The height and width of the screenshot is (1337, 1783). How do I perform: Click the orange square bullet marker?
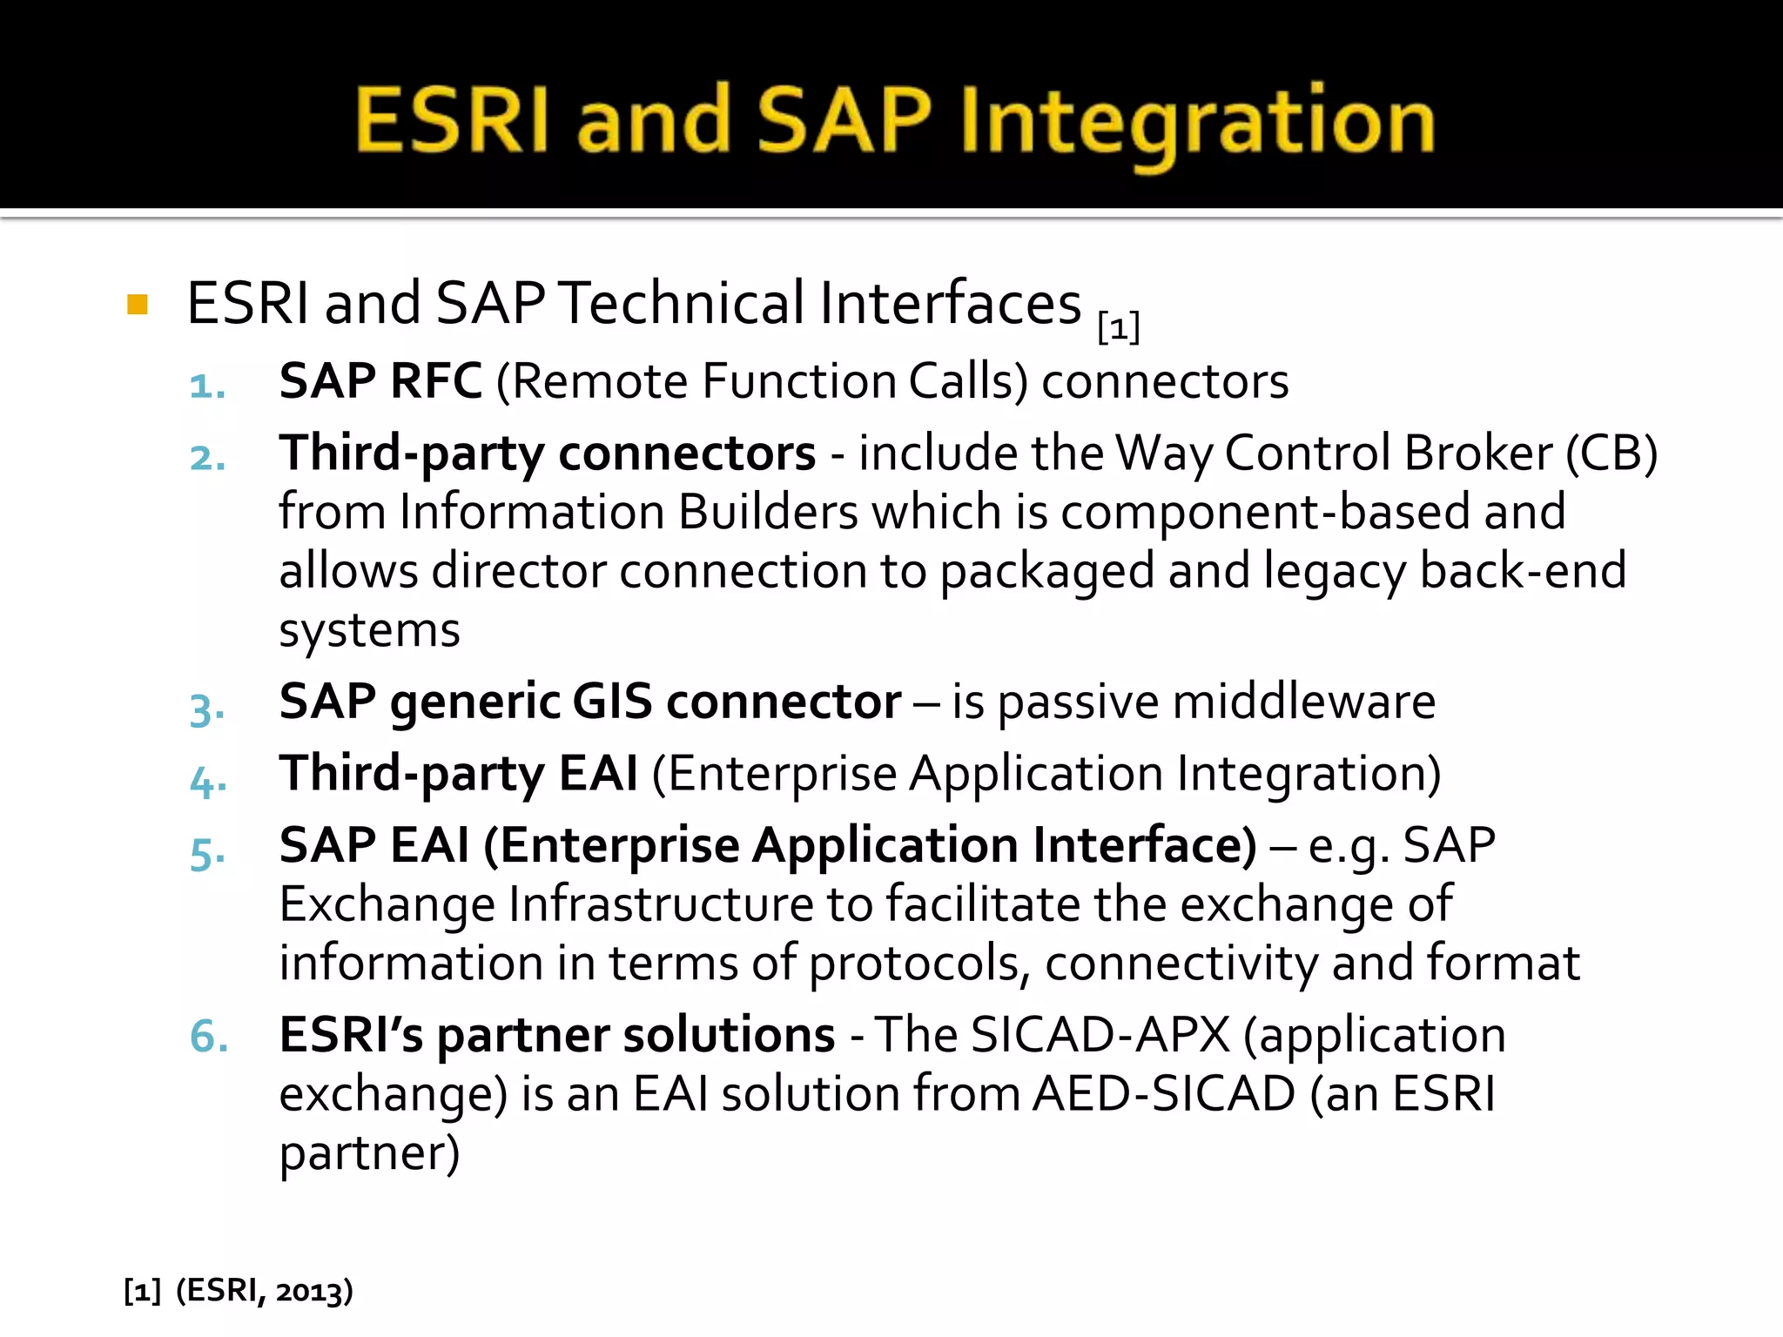click(x=138, y=305)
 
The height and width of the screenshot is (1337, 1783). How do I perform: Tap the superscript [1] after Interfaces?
click(x=1119, y=328)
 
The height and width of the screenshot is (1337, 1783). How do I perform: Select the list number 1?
click(x=207, y=386)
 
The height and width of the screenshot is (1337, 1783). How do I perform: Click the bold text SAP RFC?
click(x=380, y=381)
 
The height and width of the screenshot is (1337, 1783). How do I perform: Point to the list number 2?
click(x=207, y=458)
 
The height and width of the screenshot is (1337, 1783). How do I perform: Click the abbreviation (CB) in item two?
click(x=1611, y=454)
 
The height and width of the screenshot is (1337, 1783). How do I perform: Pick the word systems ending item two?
click(x=369, y=630)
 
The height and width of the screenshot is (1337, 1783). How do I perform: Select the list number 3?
click(x=207, y=709)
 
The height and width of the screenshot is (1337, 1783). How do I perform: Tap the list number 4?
click(x=207, y=781)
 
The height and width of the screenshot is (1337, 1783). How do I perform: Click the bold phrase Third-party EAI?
click(x=458, y=774)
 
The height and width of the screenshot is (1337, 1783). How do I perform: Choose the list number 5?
click(x=207, y=853)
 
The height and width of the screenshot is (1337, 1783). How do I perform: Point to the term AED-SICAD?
click(x=1164, y=1094)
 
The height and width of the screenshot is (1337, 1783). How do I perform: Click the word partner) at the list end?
click(x=369, y=1153)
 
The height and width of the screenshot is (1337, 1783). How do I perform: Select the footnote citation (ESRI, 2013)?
click(x=265, y=1290)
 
